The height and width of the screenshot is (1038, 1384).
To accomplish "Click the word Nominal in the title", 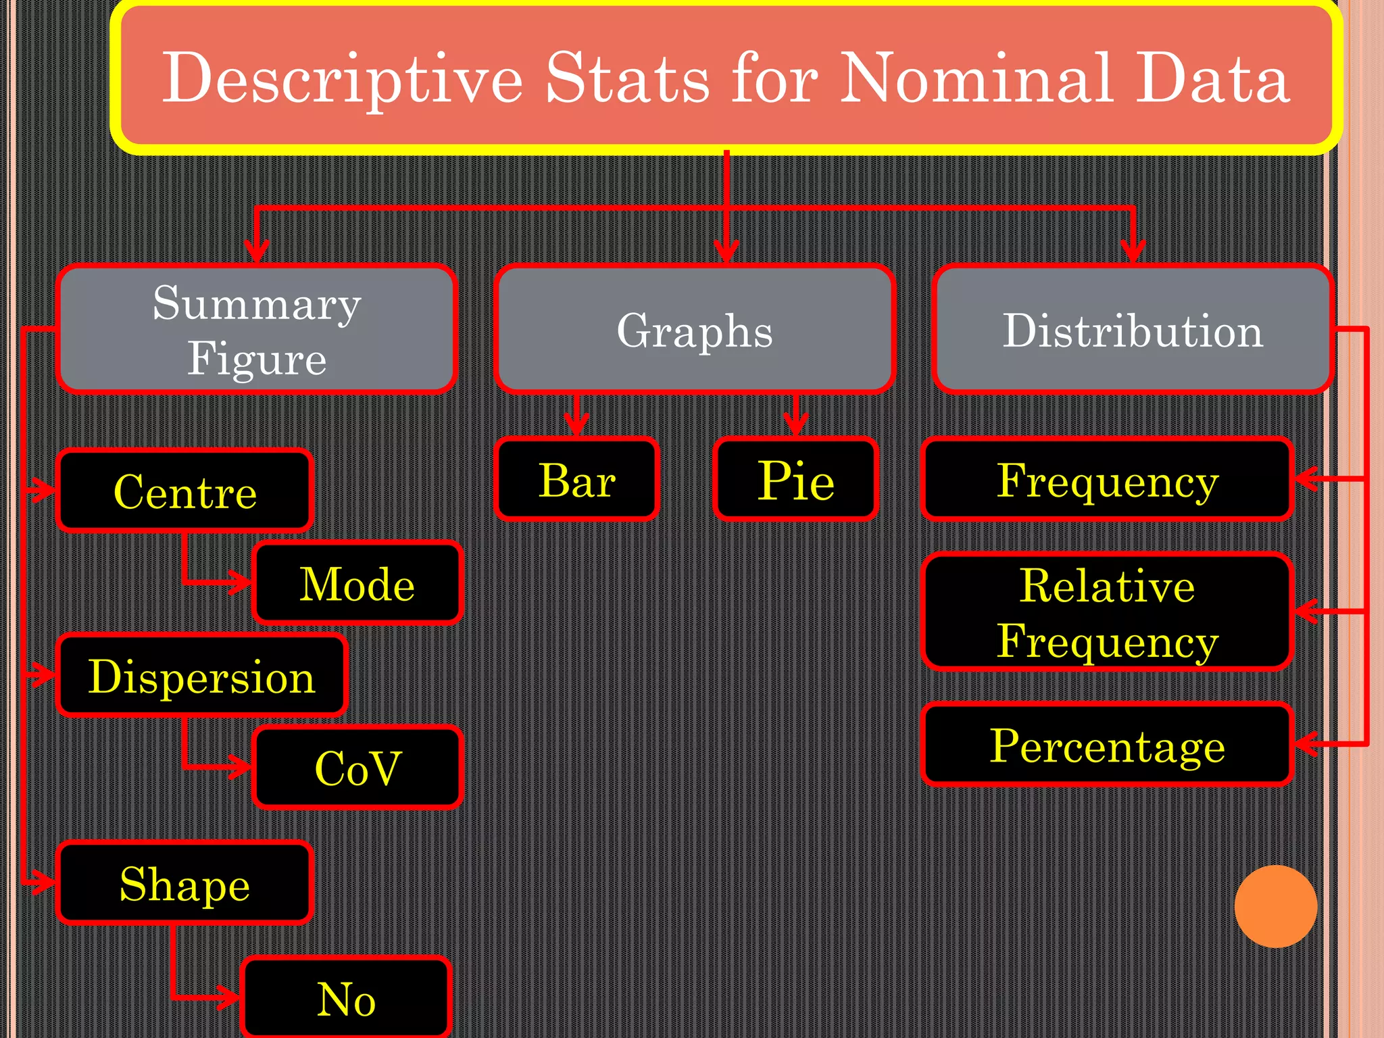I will coord(977,78).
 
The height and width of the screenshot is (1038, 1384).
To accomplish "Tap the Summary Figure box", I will coord(257,330).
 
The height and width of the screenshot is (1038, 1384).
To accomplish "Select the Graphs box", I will coord(695,330).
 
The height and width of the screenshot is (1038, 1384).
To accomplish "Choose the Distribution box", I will coord(1133,330).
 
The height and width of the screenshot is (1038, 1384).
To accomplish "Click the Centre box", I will coord(185,491).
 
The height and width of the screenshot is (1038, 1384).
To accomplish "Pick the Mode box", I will coord(357,583).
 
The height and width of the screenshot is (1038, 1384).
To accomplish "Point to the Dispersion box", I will coord(202,676).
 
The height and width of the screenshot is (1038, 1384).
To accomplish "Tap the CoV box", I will coord(357,768).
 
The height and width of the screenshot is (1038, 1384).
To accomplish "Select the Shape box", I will coord(185,883).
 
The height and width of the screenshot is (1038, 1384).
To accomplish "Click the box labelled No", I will coord(346,998).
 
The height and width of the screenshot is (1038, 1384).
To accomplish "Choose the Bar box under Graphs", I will coord(577,480).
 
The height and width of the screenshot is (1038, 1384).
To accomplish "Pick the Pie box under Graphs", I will coord(796,480).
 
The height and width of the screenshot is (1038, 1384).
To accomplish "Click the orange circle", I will coord(1276,906).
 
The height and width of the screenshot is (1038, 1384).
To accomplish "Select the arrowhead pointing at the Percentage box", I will coord(1306,745).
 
